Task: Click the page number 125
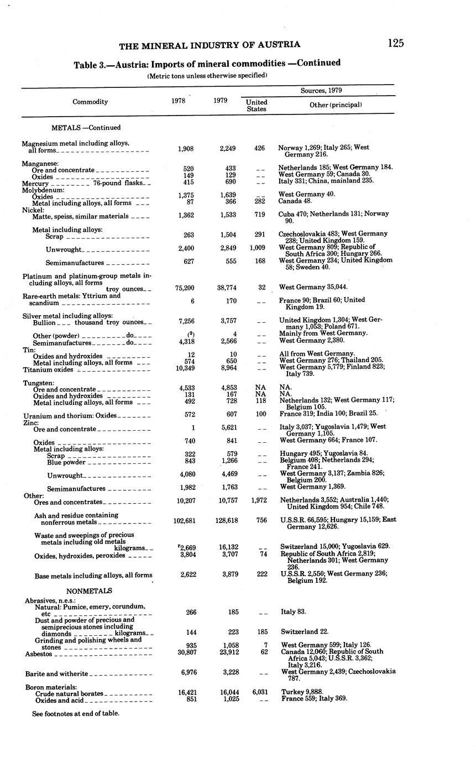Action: pyautogui.click(x=395, y=43)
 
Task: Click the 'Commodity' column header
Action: pyautogui.click(x=90, y=102)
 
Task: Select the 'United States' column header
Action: pyautogui.click(x=257, y=105)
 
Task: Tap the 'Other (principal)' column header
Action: pyautogui.click(x=336, y=104)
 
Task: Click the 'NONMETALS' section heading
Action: pyautogui.click(x=89, y=590)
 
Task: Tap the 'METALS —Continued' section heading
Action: pyautogui.click(x=86, y=128)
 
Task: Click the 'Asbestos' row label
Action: pyautogui.click(x=38, y=654)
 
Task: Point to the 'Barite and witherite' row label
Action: pyautogui.click(x=56, y=674)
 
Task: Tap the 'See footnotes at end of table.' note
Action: pyautogui.click(x=76, y=713)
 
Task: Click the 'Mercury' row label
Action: pyautogui.click(x=35, y=183)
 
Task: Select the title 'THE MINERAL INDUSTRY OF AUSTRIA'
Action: pyautogui.click(x=210, y=45)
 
